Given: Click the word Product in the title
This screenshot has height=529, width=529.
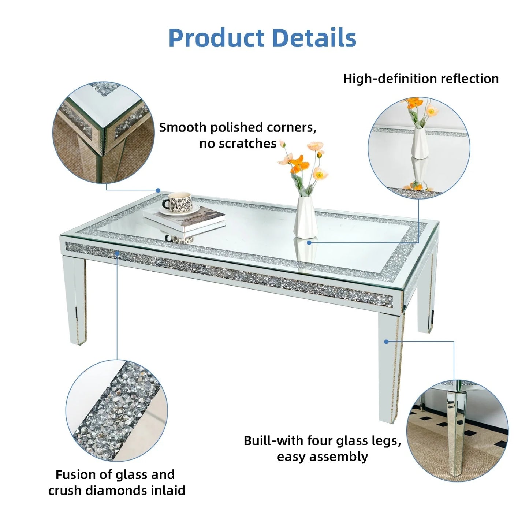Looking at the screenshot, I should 216,38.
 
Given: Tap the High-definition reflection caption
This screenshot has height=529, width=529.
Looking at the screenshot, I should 421,79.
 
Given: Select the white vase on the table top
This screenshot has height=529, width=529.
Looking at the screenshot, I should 305,217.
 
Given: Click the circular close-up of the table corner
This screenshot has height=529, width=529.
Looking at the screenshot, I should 104,133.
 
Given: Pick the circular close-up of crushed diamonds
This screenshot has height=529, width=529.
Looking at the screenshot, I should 116,410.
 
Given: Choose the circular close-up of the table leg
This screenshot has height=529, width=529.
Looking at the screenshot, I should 457,431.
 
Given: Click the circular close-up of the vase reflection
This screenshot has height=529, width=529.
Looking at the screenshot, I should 419,148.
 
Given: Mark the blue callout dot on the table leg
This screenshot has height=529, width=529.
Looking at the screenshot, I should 386,342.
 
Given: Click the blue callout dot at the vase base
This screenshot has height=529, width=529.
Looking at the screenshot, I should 309,242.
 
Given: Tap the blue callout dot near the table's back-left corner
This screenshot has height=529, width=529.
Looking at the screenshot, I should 158,190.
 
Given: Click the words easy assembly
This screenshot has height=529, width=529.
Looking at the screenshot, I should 322,457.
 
